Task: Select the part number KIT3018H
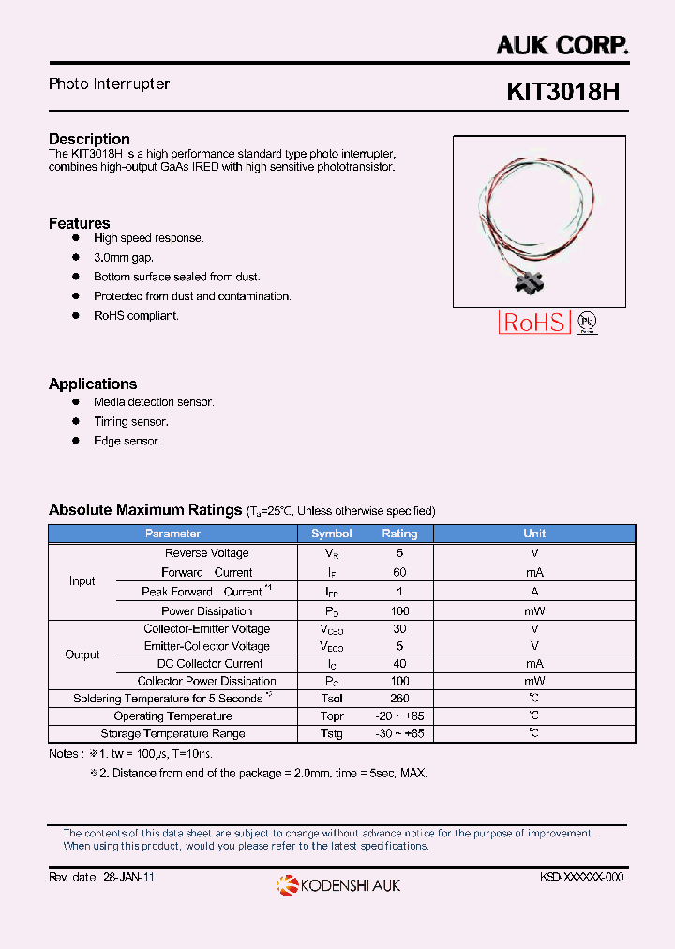pos(562,92)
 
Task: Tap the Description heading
pos(89,139)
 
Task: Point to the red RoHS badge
pos(534,323)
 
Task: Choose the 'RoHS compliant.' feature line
pos(136,316)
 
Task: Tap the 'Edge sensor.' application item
pos(127,441)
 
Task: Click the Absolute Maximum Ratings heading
pos(145,510)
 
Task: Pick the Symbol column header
pos(331,534)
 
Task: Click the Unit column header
pos(534,534)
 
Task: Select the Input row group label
pos(82,581)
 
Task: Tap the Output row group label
pos(82,655)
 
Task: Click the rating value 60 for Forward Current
pos(399,572)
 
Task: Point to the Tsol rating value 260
pos(399,699)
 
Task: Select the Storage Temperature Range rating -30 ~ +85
pos(399,733)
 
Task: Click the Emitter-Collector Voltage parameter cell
pos(206,646)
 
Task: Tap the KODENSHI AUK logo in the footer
pos(338,884)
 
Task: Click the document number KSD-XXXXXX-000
pos(581,876)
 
